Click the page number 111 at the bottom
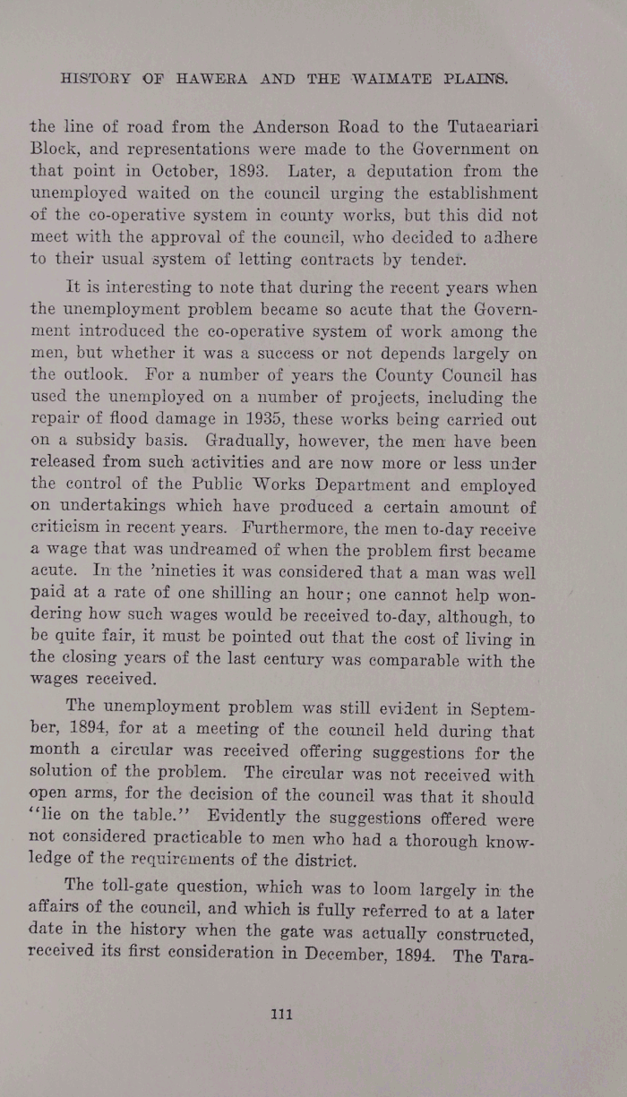(282, 1015)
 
